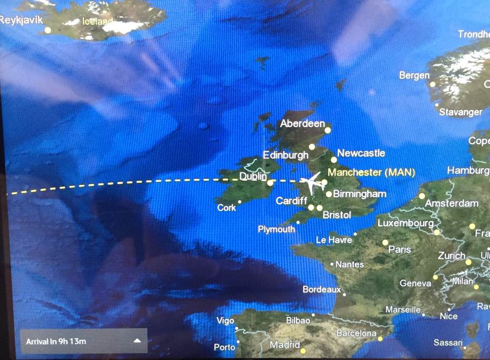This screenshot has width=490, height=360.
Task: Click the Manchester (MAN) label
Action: click(x=371, y=172)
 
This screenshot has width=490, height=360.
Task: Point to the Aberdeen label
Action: click(x=302, y=124)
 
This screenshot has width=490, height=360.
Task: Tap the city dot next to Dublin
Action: click(x=270, y=182)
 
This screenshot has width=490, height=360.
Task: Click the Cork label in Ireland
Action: click(x=227, y=208)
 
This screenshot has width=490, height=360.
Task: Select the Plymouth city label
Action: click(x=276, y=229)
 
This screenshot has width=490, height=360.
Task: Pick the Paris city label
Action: click(x=400, y=249)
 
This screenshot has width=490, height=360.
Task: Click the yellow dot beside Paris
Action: click(x=385, y=243)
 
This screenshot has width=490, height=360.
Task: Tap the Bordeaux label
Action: click(x=322, y=290)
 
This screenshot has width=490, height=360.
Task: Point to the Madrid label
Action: click(x=285, y=345)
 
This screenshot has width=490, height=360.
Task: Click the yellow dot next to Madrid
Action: click(x=303, y=351)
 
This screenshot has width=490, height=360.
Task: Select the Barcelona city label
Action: click(x=356, y=333)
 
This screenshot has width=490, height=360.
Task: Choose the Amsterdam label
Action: click(x=452, y=203)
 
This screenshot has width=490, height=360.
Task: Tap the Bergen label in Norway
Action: click(x=414, y=75)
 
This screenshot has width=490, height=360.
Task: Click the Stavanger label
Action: click(x=460, y=112)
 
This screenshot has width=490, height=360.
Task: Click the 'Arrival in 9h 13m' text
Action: click(x=56, y=341)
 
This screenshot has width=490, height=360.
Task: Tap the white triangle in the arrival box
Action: click(x=137, y=341)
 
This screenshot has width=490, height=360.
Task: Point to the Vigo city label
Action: click(x=225, y=321)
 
